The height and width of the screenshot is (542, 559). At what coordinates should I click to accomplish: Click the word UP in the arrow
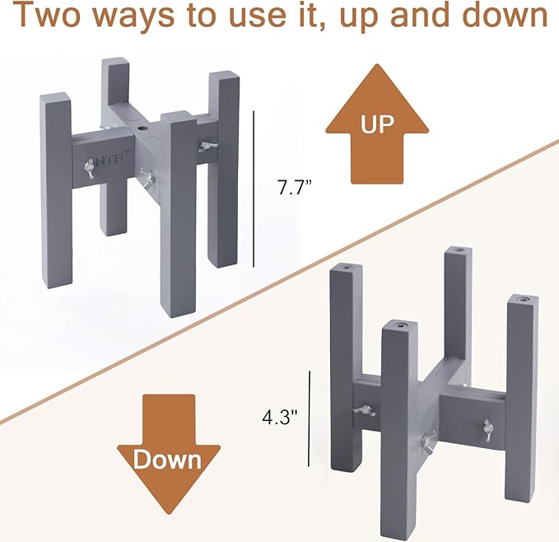(378, 124)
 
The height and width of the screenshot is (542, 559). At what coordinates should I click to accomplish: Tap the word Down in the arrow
(168, 459)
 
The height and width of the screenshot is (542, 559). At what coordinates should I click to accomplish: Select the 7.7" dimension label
(291, 186)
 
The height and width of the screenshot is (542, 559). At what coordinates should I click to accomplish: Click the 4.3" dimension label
(278, 417)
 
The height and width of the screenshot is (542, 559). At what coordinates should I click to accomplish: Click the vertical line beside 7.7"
(254, 189)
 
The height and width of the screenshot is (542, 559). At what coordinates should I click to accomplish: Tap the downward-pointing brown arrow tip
(169, 511)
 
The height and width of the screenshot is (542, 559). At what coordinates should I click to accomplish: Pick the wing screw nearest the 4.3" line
(359, 410)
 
